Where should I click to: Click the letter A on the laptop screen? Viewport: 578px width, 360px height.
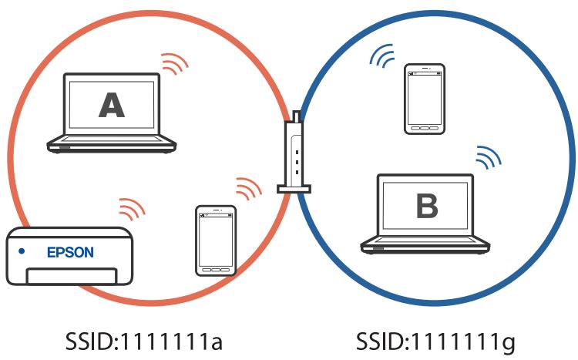click(x=112, y=105)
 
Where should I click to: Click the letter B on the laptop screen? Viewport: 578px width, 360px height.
click(x=426, y=206)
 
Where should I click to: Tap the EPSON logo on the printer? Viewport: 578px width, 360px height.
click(x=70, y=252)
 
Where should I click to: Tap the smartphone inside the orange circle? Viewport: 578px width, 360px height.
click(x=215, y=240)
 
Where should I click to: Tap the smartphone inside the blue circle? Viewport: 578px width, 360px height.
click(x=425, y=99)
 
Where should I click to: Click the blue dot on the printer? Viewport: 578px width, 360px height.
click(x=22, y=251)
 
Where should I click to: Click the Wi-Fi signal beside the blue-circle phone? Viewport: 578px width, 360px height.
click(x=381, y=56)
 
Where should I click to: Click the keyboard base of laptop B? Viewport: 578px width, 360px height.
click(x=425, y=245)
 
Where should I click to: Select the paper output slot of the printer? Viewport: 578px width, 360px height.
click(x=70, y=274)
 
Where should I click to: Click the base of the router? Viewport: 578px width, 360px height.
click(x=294, y=187)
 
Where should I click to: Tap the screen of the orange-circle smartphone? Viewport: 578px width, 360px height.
click(x=215, y=237)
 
